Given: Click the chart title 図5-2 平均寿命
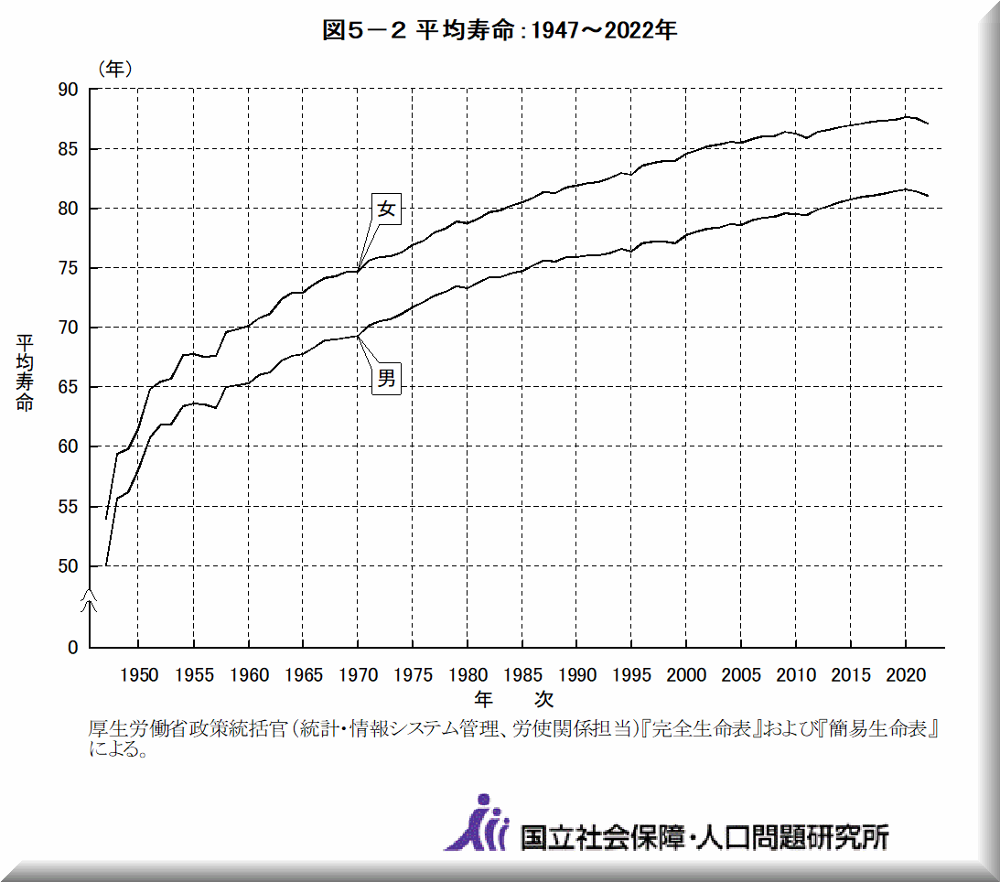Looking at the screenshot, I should click(500, 30).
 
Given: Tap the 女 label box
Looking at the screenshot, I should click(387, 209).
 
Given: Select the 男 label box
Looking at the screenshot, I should click(387, 378).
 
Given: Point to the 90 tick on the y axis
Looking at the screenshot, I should click(70, 90).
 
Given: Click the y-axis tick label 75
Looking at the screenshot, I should click(70, 268).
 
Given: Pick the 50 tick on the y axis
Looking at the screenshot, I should click(70, 566).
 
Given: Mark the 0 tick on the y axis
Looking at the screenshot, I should click(73, 648).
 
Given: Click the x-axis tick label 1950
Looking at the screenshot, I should click(138, 675).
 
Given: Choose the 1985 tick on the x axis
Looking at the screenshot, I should click(522, 675).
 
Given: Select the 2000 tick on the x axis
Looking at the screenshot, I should click(687, 675).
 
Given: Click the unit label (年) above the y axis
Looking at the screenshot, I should click(113, 68).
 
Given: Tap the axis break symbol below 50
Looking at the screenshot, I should click(89, 599).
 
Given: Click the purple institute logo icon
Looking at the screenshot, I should click(477, 823).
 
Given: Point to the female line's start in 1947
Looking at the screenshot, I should click(106, 519).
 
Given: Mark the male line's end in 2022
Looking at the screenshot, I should click(929, 196).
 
